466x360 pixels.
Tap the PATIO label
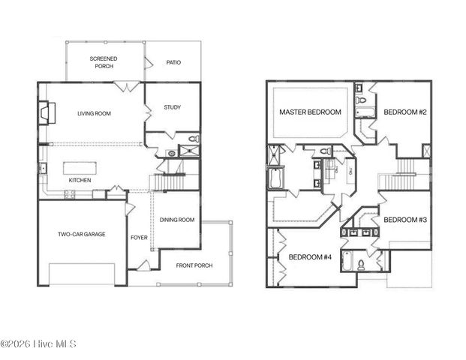[x=173, y=62]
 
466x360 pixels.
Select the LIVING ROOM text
[x=94, y=113]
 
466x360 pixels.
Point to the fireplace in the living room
[x=47, y=113]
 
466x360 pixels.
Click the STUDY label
[x=173, y=107]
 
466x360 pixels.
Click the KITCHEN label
[x=80, y=181]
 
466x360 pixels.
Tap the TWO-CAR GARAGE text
[x=82, y=234]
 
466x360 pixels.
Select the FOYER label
[x=139, y=238]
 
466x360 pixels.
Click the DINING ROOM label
[x=177, y=220]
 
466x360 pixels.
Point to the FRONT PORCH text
[x=194, y=265]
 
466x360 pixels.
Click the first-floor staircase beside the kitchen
[x=169, y=181]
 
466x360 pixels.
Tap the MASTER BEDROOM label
[x=310, y=112]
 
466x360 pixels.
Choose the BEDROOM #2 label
[x=405, y=112]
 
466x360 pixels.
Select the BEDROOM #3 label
[x=405, y=220]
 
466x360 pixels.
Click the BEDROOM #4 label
[x=310, y=256]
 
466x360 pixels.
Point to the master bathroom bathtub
[x=274, y=180]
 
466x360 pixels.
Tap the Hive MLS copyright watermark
[x=38, y=344]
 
